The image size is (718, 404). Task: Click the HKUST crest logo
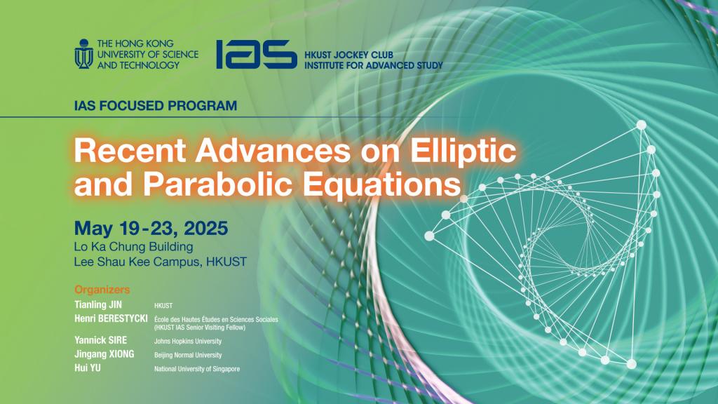point(84,54)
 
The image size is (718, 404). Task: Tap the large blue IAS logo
point(257,55)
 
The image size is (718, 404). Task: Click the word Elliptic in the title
point(463,151)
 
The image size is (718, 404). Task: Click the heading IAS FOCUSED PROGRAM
point(156,106)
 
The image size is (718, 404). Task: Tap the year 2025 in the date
point(206,228)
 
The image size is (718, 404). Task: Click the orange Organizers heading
point(102,290)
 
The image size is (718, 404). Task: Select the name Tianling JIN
point(98,304)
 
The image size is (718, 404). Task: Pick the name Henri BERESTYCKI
point(111,318)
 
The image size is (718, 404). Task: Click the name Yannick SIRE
point(101,340)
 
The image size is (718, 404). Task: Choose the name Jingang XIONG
point(104,354)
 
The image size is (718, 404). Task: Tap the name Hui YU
point(88,368)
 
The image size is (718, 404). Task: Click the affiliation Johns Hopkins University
point(188,342)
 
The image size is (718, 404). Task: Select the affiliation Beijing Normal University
point(188,355)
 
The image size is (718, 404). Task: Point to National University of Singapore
point(197,369)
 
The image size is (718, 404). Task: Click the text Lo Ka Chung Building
point(134,247)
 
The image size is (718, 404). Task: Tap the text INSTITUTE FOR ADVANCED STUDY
point(374,65)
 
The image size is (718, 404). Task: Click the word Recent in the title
point(130,151)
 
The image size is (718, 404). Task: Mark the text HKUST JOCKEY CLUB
point(349,55)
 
